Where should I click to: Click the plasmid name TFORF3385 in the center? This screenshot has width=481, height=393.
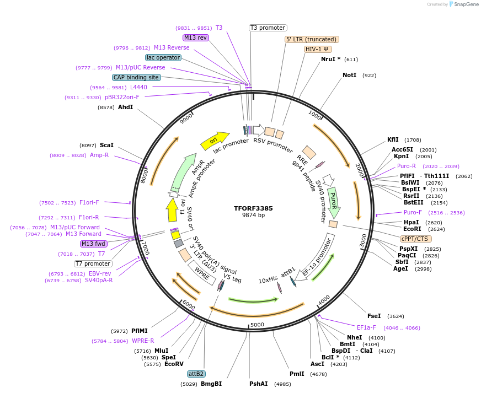[253, 208]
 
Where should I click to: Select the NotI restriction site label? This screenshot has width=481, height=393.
[349, 75]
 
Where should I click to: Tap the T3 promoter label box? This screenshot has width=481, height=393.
[268, 28]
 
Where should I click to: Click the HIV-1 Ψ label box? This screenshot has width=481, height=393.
[318, 49]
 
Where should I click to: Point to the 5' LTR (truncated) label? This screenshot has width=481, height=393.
[312, 39]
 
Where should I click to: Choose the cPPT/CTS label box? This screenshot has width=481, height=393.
[416, 239]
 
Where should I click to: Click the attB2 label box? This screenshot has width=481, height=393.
[196, 374]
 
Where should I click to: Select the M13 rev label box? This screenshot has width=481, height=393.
[196, 37]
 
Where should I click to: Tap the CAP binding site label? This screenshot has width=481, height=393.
[136, 78]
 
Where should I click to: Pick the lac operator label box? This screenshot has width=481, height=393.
[163, 57]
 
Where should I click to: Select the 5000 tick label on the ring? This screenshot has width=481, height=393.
[258, 325]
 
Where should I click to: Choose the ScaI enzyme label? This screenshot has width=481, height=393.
[106, 145]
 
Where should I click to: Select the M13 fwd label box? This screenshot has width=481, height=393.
[93, 244]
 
